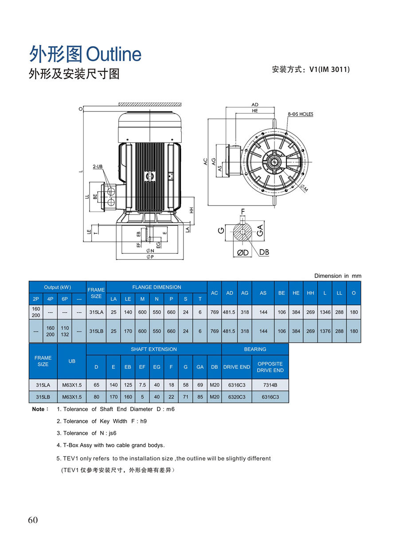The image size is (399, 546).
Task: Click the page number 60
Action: (33, 520)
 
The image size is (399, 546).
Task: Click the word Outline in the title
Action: (113, 55)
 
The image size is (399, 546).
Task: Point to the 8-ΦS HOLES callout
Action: (300, 114)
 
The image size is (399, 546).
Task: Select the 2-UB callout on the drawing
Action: (98, 166)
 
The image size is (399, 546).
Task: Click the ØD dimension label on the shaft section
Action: (243, 253)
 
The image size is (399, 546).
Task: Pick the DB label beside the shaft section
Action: (264, 252)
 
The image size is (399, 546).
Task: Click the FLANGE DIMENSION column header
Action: (156, 287)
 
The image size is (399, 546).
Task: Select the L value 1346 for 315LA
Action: (325, 312)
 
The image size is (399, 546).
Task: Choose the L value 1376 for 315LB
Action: (325, 331)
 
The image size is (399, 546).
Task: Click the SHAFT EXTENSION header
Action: (153, 349)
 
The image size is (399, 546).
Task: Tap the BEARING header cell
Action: (255, 349)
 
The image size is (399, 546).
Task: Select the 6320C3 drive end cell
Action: (237, 397)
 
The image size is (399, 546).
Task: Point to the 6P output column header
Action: (65, 299)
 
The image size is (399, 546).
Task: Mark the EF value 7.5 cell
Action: (142, 385)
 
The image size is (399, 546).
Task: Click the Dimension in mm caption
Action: (338, 276)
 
